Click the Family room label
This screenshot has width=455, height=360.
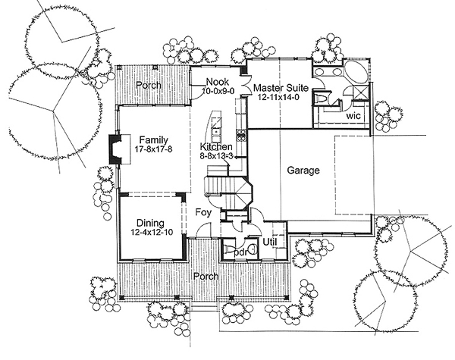[x=153, y=140]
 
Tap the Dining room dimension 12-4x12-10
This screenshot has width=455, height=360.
[x=151, y=233]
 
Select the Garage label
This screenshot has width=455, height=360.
[x=303, y=171]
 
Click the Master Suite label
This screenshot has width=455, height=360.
[x=281, y=88]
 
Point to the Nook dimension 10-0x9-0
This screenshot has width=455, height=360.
[x=218, y=91]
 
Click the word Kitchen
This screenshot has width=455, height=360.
[x=216, y=147]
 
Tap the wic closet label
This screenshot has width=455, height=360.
[x=353, y=116]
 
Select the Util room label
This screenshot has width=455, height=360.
[x=269, y=243]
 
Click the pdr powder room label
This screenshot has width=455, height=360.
[x=242, y=252]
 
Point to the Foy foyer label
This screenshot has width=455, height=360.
[x=203, y=212]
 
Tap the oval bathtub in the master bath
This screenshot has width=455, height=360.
[x=356, y=73]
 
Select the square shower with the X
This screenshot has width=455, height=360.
[x=361, y=92]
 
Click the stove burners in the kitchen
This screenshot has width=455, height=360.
[x=241, y=135]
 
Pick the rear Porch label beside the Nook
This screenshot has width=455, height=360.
[x=149, y=86]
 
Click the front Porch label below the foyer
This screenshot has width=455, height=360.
[x=206, y=276]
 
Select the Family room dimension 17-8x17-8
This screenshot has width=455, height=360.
[x=153, y=149]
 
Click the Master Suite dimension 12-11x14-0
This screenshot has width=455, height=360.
[x=278, y=97]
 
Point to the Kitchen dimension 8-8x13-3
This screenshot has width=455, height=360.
[x=216, y=156]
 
